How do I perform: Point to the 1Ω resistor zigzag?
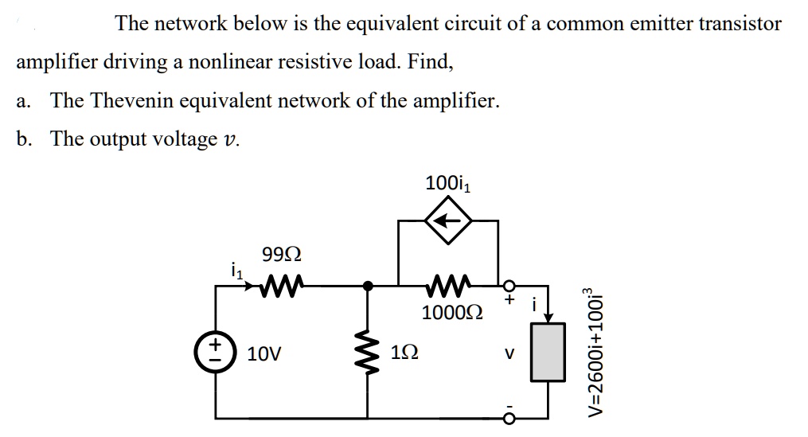[367, 351]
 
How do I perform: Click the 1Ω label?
[403, 352]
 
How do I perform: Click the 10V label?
[263, 352]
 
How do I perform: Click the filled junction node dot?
[367, 284]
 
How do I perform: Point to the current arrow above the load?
[547, 313]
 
